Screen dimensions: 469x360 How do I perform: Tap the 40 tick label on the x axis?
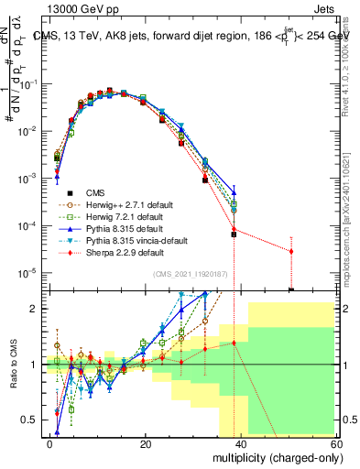[240, 443]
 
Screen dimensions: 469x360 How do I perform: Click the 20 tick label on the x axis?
[146, 443]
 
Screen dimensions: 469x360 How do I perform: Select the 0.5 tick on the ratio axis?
[30, 420]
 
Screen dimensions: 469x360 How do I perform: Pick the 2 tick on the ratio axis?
[35, 309]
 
